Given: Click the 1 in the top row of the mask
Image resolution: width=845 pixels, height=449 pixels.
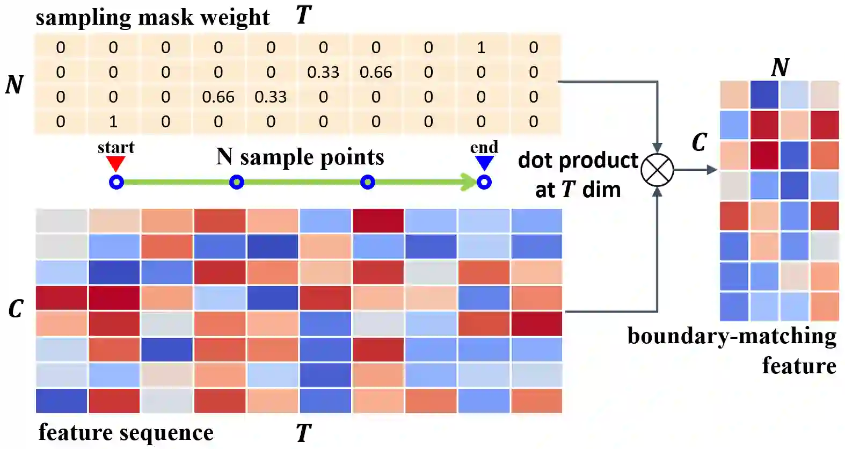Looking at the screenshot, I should [481, 48].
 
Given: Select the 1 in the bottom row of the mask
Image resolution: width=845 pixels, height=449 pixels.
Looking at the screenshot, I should [113, 122].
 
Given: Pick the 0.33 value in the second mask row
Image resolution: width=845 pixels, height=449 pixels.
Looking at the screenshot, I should [323, 73].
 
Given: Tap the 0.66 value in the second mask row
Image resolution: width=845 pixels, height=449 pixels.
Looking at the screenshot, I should [376, 73].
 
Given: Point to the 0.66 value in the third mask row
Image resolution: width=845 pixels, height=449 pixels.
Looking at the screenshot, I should [218, 97].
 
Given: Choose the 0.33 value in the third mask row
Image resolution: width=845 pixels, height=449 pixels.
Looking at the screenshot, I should [271, 97].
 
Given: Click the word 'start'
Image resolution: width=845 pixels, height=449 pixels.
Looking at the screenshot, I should [116, 147].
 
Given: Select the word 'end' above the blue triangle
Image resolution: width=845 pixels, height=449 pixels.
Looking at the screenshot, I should [484, 147].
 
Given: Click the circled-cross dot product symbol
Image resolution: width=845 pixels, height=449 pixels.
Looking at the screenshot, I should [658, 170].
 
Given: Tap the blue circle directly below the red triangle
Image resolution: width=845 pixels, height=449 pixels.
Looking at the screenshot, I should [116, 182].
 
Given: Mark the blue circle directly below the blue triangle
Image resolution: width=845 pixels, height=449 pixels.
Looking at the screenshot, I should [484, 182].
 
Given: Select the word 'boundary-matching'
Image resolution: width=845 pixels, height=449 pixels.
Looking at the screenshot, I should [732, 336].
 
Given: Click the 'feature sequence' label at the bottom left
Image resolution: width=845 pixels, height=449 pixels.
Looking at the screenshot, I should [126, 432].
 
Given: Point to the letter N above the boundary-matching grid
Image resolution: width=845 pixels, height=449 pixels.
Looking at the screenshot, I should [780, 68].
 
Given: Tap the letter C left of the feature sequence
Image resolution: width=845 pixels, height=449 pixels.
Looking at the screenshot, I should [16, 308].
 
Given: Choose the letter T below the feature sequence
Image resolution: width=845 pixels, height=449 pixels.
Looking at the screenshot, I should [303, 433].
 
